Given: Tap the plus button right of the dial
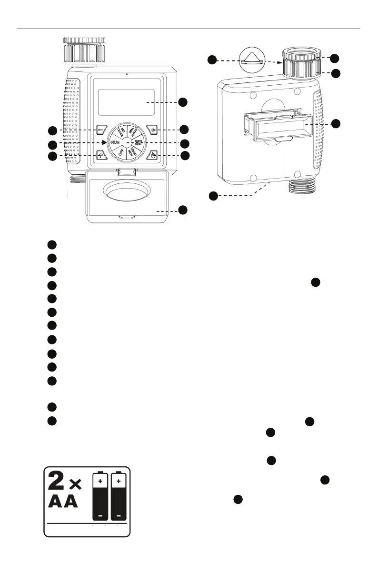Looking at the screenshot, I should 151,130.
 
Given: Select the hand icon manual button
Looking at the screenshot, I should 151,155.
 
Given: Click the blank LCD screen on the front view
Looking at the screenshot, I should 126,101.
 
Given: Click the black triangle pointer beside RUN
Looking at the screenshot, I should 104,142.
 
